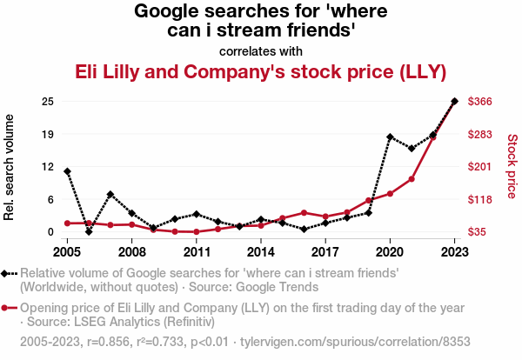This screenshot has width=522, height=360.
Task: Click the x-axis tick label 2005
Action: pyautogui.click(x=67, y=252)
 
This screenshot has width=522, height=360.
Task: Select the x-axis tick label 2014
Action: pyautogui.click(x=261, y=252)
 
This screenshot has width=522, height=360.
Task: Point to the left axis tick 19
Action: pyautogui.click(x=49, y=134)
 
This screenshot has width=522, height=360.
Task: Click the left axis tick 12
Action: pyautogui.click(x=49, y=167)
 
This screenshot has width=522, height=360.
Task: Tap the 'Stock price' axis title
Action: pyautogui.click(x=512, y=165)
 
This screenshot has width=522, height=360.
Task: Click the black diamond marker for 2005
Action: pyautogui.click(x=67, y=171)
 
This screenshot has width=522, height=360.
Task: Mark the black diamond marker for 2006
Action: pyautogui.click(x=89, y=231)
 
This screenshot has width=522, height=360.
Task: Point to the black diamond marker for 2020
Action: pyautogui.click(x=390, y=137)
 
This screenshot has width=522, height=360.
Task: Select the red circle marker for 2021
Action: pyautogui.click(x=412, y=179)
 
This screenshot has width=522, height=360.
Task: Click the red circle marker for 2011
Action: pyautogui.click(x=197, y=232)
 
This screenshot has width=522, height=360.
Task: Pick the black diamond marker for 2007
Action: pyautogui.click(x=110, y=194)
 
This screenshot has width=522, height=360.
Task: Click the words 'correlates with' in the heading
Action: pyautogui.click(x=261, y=50)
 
